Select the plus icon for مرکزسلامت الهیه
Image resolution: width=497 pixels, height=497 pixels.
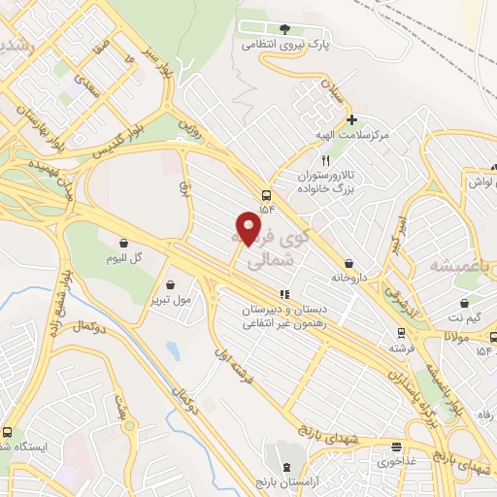[351, 119]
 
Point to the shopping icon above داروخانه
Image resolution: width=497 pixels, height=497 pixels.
[348, 262]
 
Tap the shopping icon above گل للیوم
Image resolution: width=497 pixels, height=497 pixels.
[123, 243]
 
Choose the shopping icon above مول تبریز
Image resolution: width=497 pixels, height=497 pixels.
[172, 285]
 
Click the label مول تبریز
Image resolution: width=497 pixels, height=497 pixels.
[172, 300]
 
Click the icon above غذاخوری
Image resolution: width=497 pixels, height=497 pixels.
[396, 447]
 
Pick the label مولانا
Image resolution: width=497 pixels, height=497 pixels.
[457, 335]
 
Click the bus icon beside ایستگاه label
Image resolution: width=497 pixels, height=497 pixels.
[8, 433]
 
